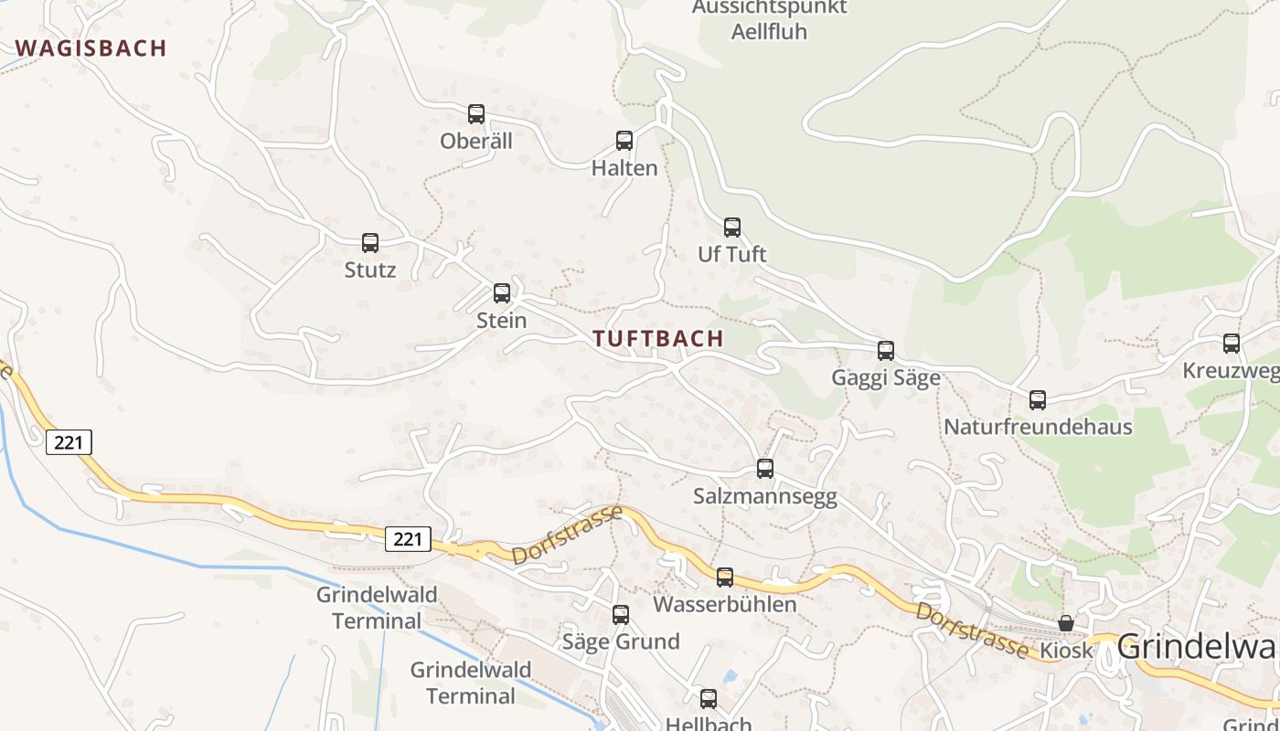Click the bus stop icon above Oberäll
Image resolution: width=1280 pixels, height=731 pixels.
(x=476, y=114)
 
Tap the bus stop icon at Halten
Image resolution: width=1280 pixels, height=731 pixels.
(x=624, y=141)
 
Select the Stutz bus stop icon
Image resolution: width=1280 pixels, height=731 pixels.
(x=370, y=243)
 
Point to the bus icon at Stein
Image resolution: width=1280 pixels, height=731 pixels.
(x=502, y=293)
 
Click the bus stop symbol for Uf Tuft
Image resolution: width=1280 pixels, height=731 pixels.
(x=732, y=228)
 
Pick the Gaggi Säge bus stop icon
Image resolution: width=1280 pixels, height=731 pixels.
(x=886, y=351)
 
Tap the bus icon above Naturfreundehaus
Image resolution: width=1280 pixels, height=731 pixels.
(x=1038, y=400)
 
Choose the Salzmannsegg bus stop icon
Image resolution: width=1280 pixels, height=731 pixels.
(x=765, y=469)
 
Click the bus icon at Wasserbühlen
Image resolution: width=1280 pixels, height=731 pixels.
(x=725, y=577)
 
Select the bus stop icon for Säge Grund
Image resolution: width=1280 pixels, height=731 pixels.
(x=621, y=615)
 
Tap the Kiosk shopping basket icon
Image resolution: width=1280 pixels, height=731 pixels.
(x=1066, y=623)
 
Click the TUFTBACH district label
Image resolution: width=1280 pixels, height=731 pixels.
(x=658, y=339)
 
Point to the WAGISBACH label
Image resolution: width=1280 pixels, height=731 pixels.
(x=91, y=48)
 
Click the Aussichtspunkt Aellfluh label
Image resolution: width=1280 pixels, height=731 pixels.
(x=769, y=19)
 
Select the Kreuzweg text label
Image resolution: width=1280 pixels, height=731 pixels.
(x=1230, y=371)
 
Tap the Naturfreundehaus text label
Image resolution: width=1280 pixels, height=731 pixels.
(x=1038, y=427)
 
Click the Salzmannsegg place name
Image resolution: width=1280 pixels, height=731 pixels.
(x=765, y=496)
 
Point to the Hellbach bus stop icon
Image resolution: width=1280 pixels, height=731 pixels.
(x=709, y=700)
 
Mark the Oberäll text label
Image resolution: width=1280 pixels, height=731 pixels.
(x=476, y=142)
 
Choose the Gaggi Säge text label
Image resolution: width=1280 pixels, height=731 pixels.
(x=886, y=378)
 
